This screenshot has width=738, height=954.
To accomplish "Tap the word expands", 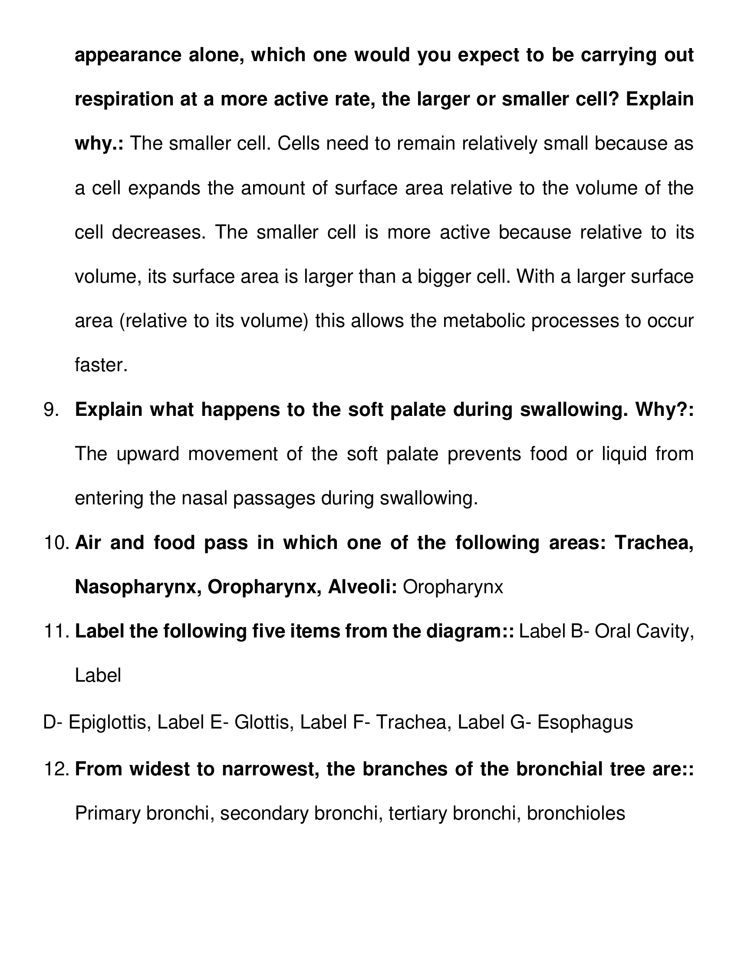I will point(164,188).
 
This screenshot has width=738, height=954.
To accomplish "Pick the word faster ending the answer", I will point(101,365).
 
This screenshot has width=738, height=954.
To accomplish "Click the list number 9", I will point(52,410).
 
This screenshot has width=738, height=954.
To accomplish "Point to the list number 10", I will point(57,543).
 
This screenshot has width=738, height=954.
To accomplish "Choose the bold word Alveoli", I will point(362,588).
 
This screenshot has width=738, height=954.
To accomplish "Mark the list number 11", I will point(57,632).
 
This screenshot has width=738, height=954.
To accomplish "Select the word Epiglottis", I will point(107,722).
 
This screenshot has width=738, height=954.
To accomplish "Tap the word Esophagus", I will point(585,722).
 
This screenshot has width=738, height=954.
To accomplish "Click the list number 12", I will point(57,769).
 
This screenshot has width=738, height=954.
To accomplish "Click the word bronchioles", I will point(576,814).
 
